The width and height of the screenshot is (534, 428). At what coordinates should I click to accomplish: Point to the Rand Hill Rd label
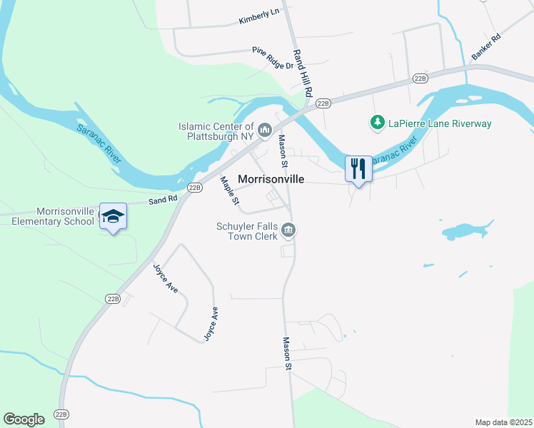coord(302,73)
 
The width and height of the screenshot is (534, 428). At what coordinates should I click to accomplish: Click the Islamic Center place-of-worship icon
coord(266,129)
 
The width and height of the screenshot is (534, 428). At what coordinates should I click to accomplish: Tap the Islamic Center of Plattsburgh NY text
coord(216,131)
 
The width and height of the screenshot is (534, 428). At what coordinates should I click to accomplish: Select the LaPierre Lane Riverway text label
coord(440,124)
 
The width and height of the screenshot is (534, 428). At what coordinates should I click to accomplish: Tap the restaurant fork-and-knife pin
coord(358,169)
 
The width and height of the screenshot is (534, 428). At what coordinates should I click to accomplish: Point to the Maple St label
coord(229,193)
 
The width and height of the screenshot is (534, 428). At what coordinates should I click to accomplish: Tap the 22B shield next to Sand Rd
coord(194,187)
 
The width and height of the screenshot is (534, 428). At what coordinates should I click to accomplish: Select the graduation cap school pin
coord(113,216)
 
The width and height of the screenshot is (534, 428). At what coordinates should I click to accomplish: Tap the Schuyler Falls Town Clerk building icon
coord(289,230)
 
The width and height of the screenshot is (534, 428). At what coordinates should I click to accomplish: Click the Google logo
coord(24,419)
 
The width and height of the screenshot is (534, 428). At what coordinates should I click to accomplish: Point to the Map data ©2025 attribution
coord(503,422)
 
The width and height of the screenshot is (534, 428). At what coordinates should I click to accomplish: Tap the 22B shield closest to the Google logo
coord(62,414)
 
